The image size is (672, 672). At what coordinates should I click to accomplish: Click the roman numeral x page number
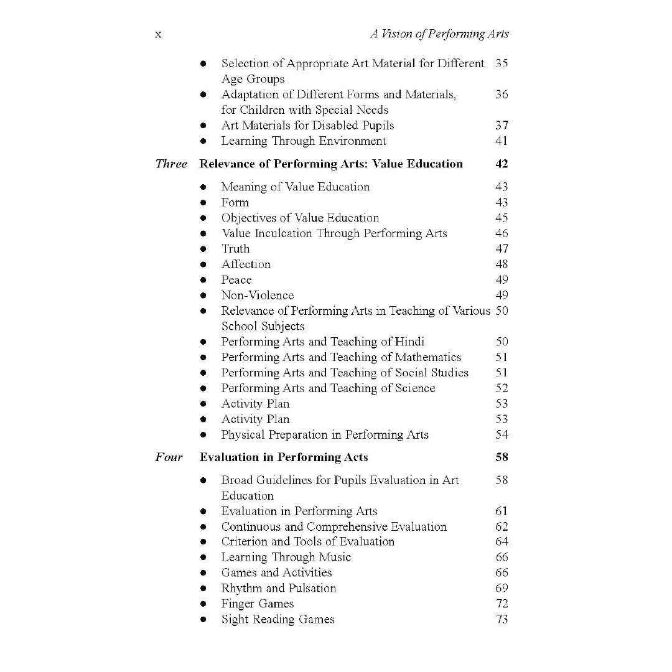click(158, 35)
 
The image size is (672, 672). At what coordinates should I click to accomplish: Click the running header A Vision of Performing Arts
click(439, 35)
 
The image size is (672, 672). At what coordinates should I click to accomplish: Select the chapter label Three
click(171, 164)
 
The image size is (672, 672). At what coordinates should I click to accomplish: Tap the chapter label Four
click(169, 457)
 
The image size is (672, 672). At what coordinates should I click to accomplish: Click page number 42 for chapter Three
click(502, 164)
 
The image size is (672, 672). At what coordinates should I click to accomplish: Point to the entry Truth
click(235, 249)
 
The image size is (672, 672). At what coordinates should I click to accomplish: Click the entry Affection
click(246, 264)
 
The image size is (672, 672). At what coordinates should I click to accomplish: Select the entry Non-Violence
click(258, 296)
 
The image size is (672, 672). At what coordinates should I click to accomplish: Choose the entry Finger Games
click(258, 604)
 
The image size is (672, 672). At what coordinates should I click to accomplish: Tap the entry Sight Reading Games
click(278, 619)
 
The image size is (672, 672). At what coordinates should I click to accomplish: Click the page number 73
click(502, 619)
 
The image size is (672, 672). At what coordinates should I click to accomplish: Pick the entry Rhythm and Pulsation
click(279, 588)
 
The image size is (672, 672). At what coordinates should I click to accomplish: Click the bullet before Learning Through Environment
click(203, 142)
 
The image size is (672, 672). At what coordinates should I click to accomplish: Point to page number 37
click(502, 126)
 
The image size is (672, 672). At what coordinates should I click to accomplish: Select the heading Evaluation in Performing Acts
click(284, 457)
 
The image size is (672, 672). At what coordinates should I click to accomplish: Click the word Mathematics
click(429, 357)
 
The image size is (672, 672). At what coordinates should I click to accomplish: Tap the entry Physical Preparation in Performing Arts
click(325, 435)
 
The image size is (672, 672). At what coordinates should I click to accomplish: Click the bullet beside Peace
click(203, 281)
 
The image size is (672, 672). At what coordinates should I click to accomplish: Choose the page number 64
click(502, 541)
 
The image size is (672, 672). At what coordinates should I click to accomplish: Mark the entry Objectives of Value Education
click(300, 218)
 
